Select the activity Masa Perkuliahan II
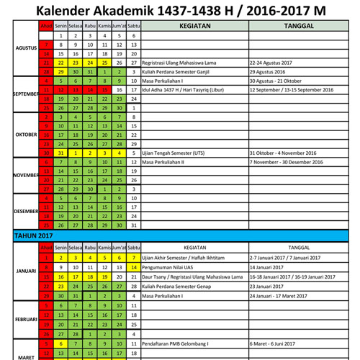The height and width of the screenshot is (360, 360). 167,163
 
